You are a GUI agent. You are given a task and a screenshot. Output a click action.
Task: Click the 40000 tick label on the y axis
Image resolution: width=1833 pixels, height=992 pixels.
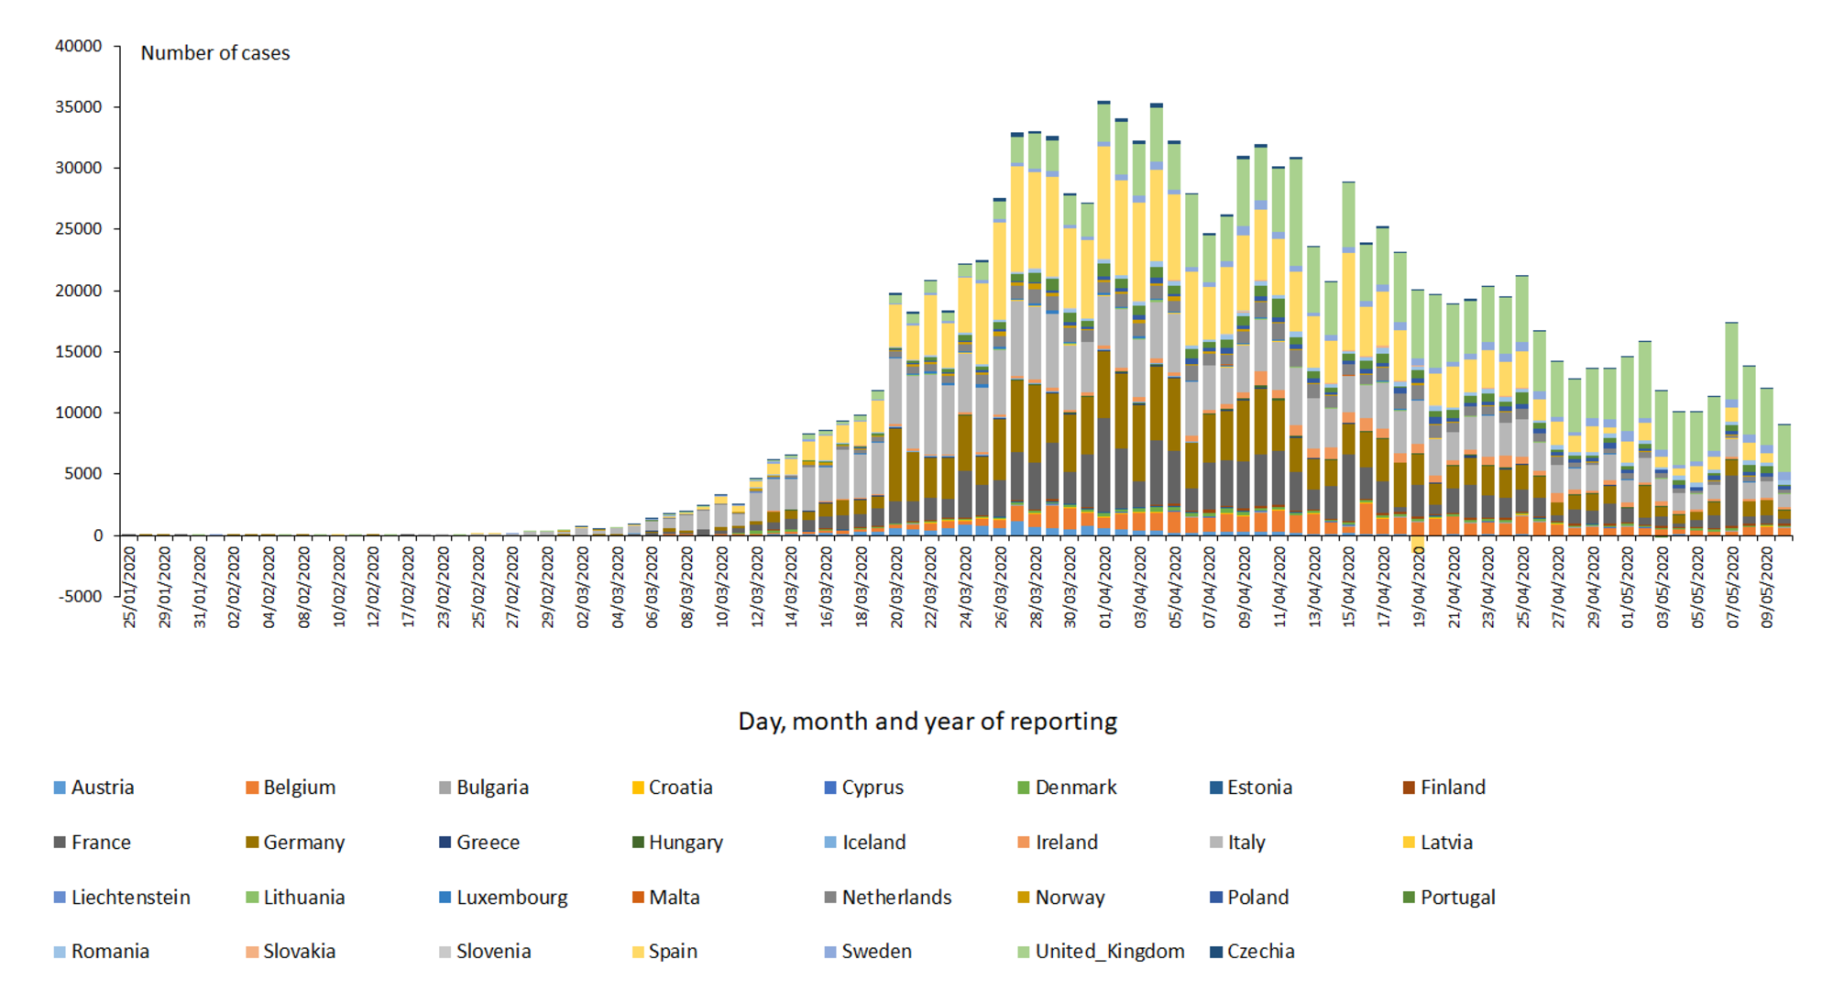(x=79, y=46)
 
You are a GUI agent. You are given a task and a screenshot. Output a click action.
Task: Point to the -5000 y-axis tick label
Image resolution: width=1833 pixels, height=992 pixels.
(x=81, y=597)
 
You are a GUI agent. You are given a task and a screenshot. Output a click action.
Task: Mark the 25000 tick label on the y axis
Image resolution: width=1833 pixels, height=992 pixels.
(x=79, y=229)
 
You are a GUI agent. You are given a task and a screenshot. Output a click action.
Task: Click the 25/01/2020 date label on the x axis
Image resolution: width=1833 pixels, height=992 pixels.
(x=129, y=588)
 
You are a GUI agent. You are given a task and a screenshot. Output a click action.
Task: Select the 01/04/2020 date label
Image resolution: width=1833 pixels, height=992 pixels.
(x=1104, y=588)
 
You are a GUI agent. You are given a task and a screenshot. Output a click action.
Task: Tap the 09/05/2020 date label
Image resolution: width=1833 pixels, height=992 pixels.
(x=1767, y=588)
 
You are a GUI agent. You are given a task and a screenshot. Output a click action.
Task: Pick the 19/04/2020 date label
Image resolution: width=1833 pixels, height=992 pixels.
(x=1419, y=588)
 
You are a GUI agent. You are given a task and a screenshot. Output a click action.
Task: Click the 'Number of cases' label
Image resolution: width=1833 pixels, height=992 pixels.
(x=215, y=53)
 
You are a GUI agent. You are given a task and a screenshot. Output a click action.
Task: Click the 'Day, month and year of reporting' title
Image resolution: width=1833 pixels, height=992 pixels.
(x=927, y=722)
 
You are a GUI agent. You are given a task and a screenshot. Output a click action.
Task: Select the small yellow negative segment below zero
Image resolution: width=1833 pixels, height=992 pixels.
(x=1418, y=544)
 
